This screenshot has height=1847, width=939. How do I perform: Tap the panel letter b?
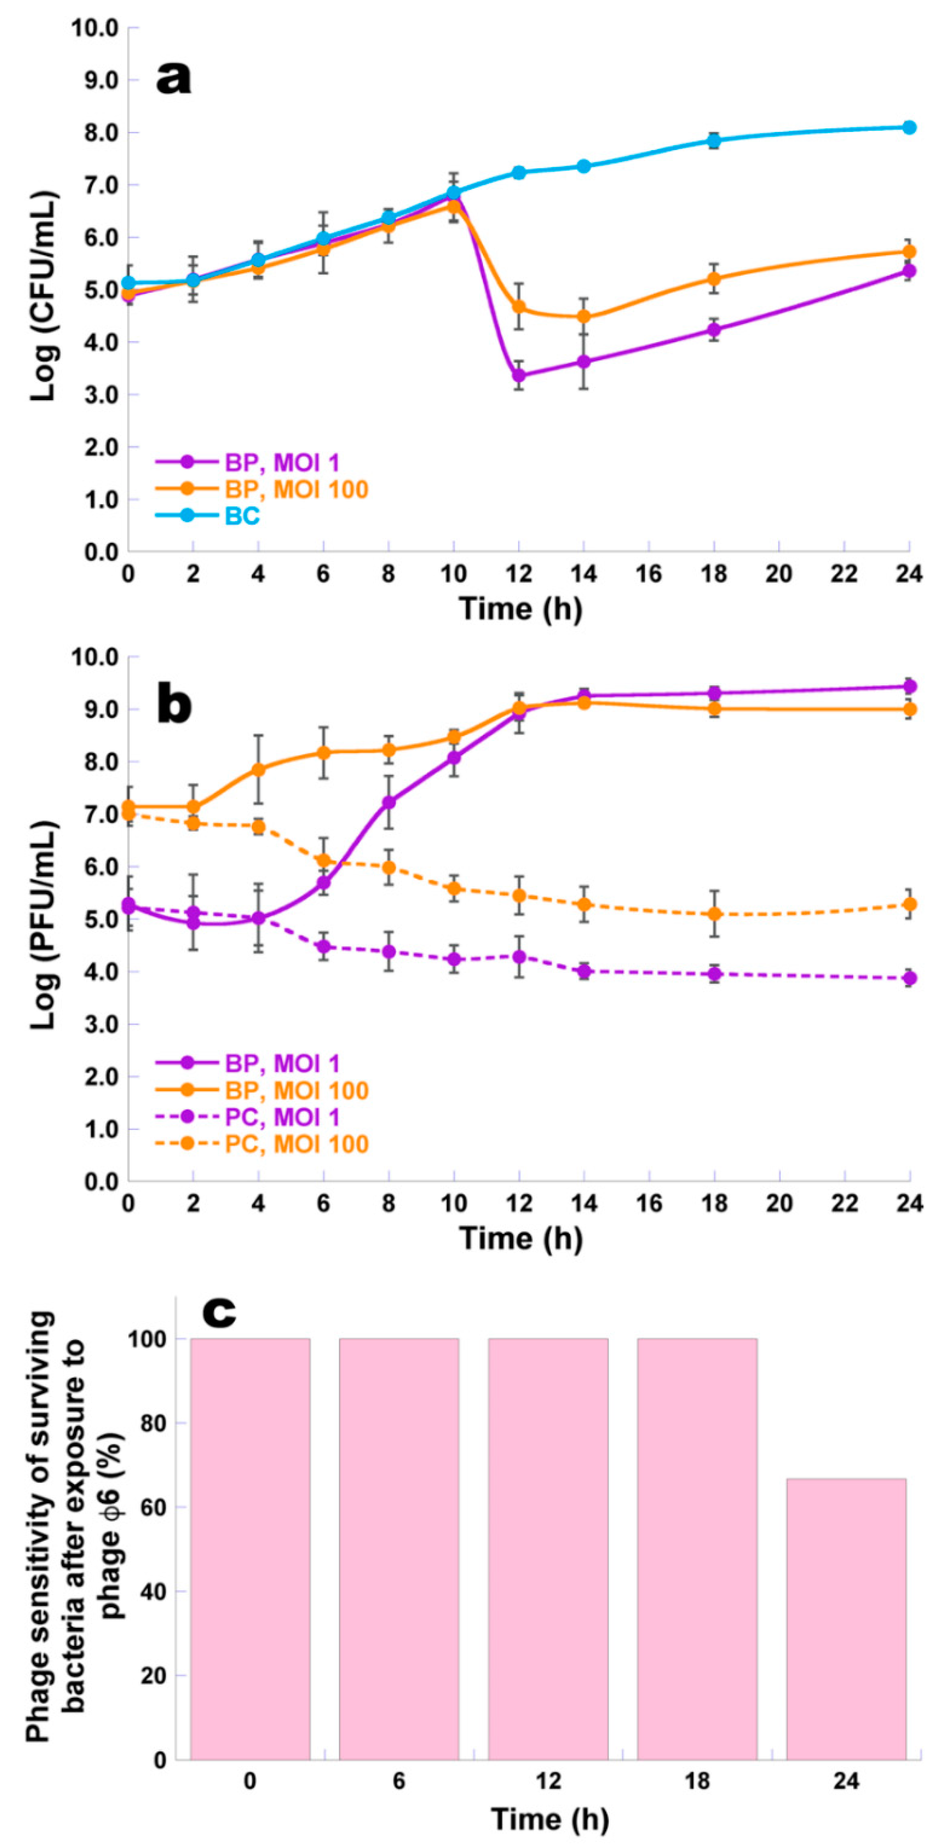point(174,705)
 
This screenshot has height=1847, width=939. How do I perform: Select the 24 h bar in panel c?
point(846,1620)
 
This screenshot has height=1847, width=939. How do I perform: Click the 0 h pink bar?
point(250,1549)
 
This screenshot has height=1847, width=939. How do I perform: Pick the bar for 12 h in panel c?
point(549,1549)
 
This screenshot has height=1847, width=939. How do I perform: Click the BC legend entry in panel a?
point(242,516)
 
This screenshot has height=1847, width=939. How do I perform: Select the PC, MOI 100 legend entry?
point(297,1144)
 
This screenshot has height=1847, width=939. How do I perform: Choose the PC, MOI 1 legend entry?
point(282,1117)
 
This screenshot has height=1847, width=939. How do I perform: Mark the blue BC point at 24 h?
point(909,128)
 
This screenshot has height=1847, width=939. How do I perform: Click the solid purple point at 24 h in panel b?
point(909,686)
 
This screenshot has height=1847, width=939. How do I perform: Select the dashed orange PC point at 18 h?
point(714,913)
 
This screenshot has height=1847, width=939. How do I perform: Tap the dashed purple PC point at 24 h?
point(909,978)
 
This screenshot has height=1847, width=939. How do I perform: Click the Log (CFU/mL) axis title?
point(44,295)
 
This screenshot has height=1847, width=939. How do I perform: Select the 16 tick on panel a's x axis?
point(649,574)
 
